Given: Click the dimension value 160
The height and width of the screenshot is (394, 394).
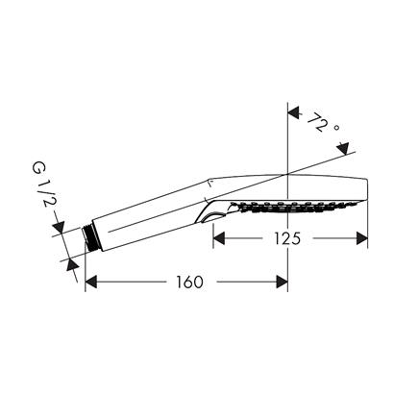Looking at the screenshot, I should coord(188,282).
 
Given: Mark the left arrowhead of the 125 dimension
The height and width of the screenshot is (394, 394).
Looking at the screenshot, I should coord(218,237).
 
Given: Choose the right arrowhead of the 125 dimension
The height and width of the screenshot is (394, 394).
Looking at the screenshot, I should coord(363,237).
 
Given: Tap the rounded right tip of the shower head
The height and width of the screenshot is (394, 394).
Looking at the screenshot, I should coord(367,187).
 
